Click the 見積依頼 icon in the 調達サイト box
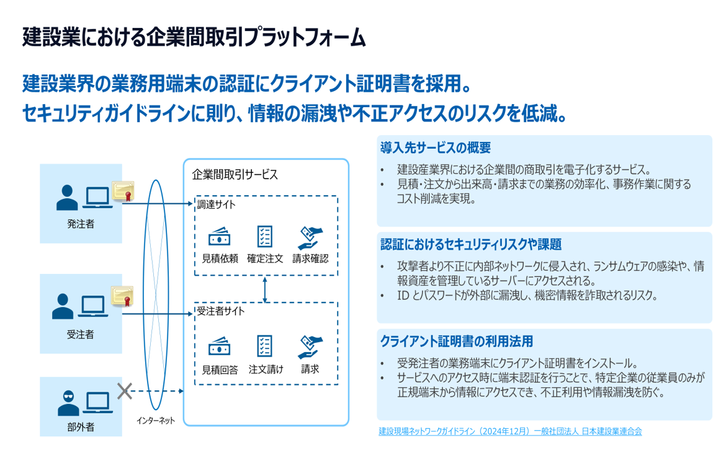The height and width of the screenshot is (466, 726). click(220, 237)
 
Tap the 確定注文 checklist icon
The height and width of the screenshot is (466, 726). click(265, 237)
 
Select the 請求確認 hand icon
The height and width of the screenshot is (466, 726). click(310, 237)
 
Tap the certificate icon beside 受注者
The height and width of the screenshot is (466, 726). click(123, 296)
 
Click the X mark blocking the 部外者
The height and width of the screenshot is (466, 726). click(125, 390)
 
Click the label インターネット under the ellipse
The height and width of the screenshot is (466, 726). click(156, 421)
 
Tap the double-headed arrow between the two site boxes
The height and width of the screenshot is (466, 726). click(266, 289)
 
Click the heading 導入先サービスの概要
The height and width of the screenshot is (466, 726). click(435, 148)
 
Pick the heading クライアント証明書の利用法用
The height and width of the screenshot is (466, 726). click(456, 341)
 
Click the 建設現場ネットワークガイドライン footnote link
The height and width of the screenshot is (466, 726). click(510, 431)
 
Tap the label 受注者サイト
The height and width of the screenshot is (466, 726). click(221, 312)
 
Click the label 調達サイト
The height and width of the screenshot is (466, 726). click(216, 204)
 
